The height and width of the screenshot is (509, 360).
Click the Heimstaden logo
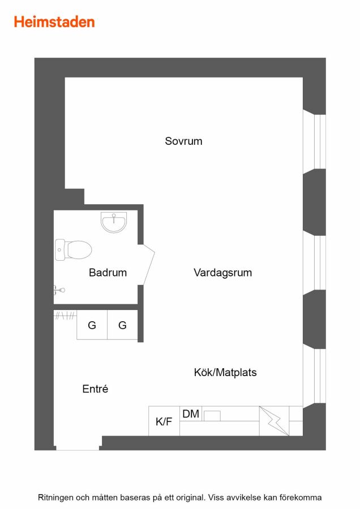[x=54, y=22]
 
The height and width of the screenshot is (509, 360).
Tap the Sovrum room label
[x=183, y=141]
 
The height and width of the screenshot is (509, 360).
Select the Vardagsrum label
[x=222, y=273]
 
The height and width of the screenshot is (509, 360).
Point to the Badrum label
[x=108, y=273]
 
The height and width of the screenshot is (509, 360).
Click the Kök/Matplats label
[x=225, y=372]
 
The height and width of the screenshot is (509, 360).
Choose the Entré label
[x=95, y=389]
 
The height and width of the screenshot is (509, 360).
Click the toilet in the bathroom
[x=73, y=249]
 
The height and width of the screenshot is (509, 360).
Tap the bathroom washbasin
[x=114, y=222]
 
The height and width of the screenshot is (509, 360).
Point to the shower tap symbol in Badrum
[x=59, y=290]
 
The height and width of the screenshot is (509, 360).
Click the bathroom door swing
[x=149, y=265]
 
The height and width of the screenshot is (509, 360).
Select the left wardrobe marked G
[x=92, y=325]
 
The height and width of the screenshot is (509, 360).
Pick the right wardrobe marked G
[x=122, y=325]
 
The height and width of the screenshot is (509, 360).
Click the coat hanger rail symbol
[x=65, y=315]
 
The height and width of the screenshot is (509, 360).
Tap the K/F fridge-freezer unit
[x=164, y=421]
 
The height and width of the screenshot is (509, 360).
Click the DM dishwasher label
[x=191, y=414]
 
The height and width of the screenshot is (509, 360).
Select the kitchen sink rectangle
[x=212, y=416]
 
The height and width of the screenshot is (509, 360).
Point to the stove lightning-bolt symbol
[x=273, y=421]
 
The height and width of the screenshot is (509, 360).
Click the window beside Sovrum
[x=315, y=141]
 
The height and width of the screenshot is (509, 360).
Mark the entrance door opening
[x=78, y=448]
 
